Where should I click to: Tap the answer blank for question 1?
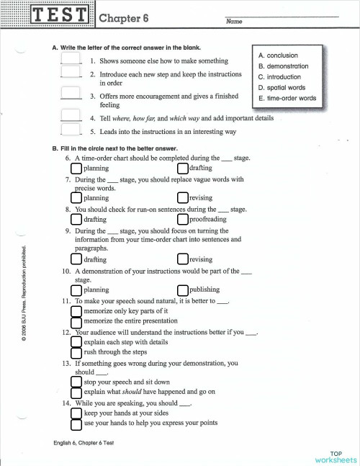[71, 61]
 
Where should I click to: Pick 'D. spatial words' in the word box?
[283, 87]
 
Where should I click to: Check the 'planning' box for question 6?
[77, 168]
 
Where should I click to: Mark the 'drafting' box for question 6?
[184, 168]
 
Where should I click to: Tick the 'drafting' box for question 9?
[77, 259]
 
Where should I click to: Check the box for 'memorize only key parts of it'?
[77, 310]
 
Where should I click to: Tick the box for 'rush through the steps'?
[77, 352]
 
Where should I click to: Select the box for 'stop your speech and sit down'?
[77, 382]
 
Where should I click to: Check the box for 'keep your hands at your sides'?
[77, 413]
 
